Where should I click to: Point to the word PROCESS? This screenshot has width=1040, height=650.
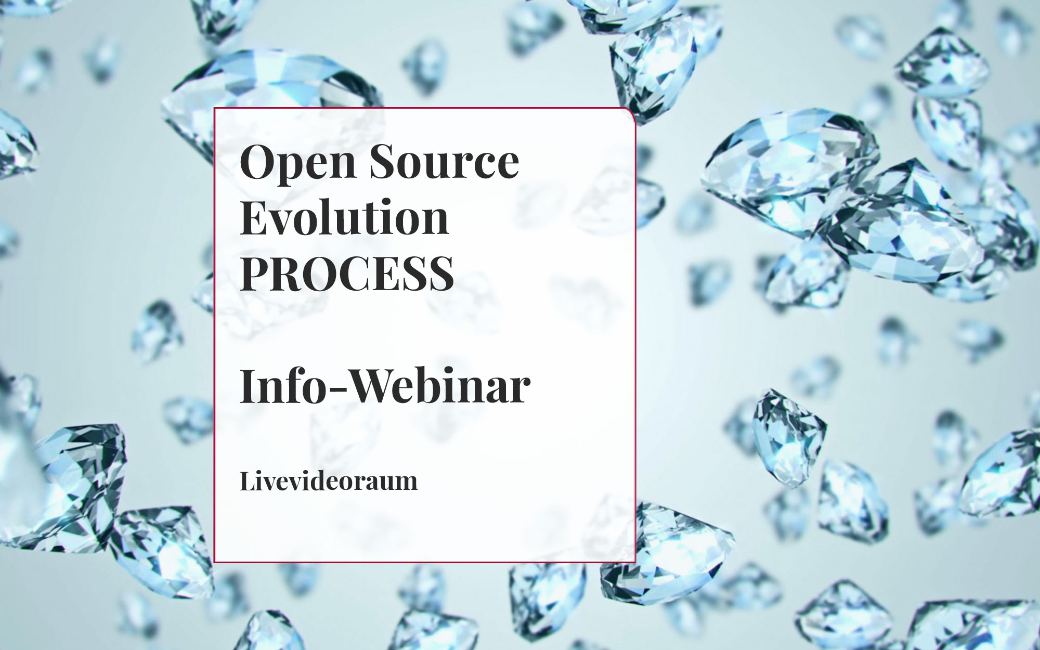pos(347,272)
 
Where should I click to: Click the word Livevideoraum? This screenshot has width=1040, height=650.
pos(329,481)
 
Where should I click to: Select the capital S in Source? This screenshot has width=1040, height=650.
pos(383,161)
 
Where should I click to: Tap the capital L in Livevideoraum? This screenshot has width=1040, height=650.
pos(249,481)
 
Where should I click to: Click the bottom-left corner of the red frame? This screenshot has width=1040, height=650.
pos(215,562)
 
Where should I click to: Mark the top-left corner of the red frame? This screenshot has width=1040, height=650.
pos(215,109)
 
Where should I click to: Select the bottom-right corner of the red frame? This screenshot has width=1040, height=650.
pos(635,562)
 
